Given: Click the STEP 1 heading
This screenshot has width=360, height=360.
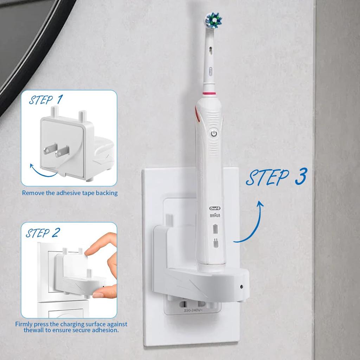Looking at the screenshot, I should point(46,100).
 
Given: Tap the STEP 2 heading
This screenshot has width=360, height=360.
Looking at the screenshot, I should point(43,233).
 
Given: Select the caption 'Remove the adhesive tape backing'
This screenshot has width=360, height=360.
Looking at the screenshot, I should point(70,193).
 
